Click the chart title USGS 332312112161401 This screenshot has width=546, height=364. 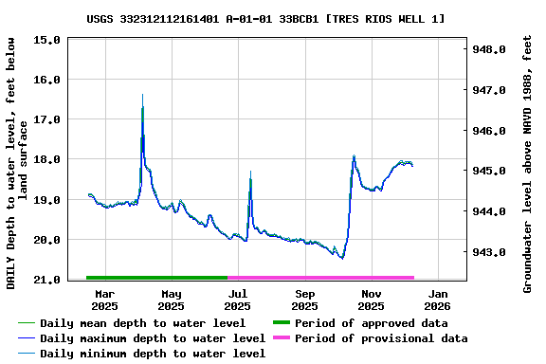click(x=265, y=18)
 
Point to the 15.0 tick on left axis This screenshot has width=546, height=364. click(x=48, y=40)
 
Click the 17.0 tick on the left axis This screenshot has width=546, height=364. click(x=48, y=119)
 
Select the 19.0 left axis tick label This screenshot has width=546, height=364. click(x=48, y=200)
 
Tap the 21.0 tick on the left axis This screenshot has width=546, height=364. click(x=48, y=280)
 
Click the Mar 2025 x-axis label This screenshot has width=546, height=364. click(x=104, y=300)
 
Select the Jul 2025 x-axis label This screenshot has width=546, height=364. click(x=238, y=300)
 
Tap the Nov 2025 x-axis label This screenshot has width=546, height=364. click(x=371, y=300)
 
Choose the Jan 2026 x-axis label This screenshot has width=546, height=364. click(x=437, y=300)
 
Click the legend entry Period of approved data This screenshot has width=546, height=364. click(x=371, y=323)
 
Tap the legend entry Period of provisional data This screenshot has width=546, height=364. click(x=380, y=338)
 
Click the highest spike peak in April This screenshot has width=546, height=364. click(x=142, y=95)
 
